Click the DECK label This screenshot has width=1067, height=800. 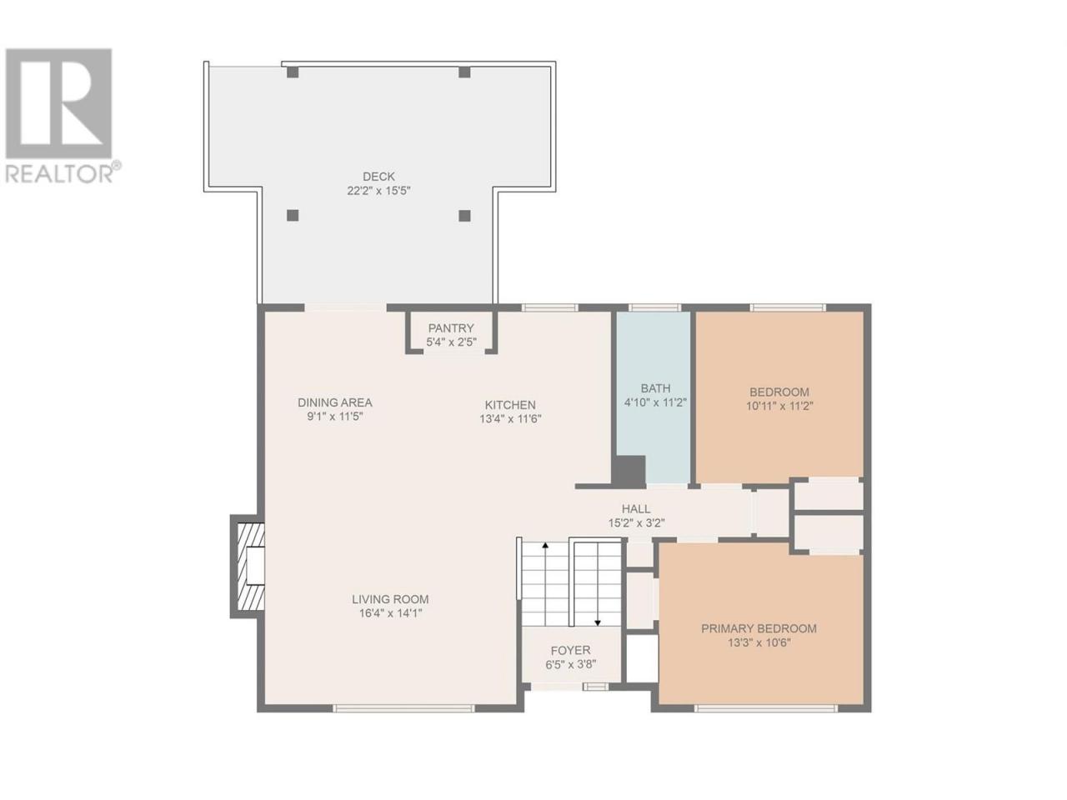tap(378, 177)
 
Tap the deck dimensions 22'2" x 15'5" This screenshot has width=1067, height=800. tap(378, 191)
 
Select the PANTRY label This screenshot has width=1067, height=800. tap(451, 327)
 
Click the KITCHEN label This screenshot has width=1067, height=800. tap(510, 405)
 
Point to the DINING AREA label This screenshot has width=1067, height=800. tap(334, 402)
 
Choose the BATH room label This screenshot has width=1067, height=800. tap(655, 388)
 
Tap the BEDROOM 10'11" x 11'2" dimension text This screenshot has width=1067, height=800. tap(779, 406)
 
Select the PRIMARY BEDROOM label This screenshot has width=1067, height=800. tap(759, 628)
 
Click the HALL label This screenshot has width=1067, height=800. tap(636, 508)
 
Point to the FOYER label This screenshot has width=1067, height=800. tap(570, 650)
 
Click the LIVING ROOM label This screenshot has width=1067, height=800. tap(390, 599)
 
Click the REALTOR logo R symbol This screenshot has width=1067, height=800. tap(59, 103)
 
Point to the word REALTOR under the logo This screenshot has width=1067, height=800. tap(59, 173)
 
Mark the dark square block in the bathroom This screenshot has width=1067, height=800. tap(628, 471)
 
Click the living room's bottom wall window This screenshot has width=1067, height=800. tap(403, 708)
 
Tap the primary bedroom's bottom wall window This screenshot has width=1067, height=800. tap(765, 708)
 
